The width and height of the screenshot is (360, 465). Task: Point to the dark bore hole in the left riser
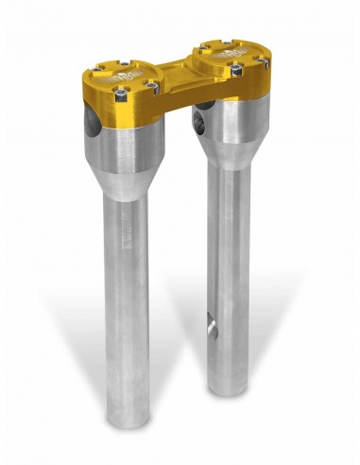[x=89, y=121]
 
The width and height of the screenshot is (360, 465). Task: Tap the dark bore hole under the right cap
[x=200, y=120]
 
